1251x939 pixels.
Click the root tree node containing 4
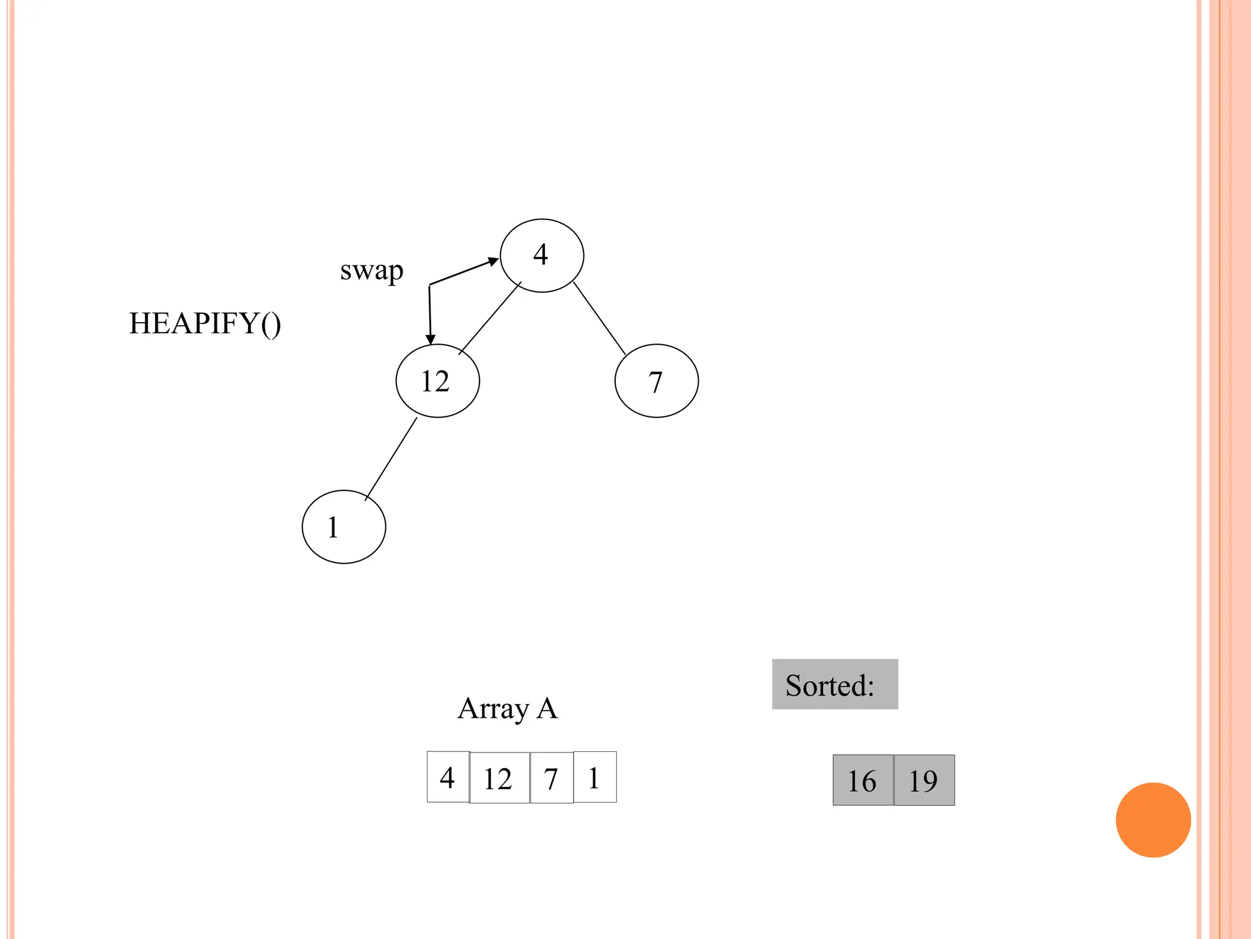coord(542,256)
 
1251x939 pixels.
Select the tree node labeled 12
coord(437,381)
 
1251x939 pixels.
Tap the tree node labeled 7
coord(656,381)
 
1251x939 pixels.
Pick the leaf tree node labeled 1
coord(344,526)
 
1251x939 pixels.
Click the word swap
coord(371,270)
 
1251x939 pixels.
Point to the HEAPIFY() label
coord(205,323)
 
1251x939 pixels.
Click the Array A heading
coord(507,709)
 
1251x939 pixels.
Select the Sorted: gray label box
coord(834,684)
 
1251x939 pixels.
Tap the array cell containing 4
coord(448,777)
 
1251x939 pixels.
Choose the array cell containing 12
coord(499,778)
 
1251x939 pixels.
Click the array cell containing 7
coord(552,778)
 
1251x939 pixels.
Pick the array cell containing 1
coord(595,777)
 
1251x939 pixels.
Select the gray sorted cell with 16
coord(863,780)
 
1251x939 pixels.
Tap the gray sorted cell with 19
coord(924,780)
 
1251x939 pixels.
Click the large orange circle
coord(1153,820)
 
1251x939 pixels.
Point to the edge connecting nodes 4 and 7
coord(599,318)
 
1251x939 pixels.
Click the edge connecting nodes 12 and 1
coord(391,458)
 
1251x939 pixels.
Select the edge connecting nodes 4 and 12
coord(489,319)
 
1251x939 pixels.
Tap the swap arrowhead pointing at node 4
coord(493,262)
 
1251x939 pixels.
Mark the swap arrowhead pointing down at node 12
coord(431,339)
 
